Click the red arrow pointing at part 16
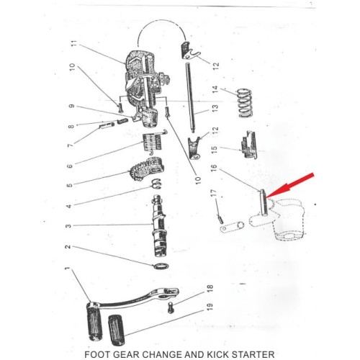tap(289, 186)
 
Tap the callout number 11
tap(75, 44)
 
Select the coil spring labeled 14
tap(245, 103)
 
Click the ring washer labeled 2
tap(161, 266)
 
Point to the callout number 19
tap(210, 307)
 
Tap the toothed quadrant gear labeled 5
tap(146, 170)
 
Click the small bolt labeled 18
tap(171, 307)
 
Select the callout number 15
tap(215, 150)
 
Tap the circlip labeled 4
tap(156, 184)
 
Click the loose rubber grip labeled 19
tap(117, 330)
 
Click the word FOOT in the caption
tap(94, 354)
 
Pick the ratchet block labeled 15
tap(249, 145)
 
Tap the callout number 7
tap(70, 145)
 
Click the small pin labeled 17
tap(220, 219)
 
